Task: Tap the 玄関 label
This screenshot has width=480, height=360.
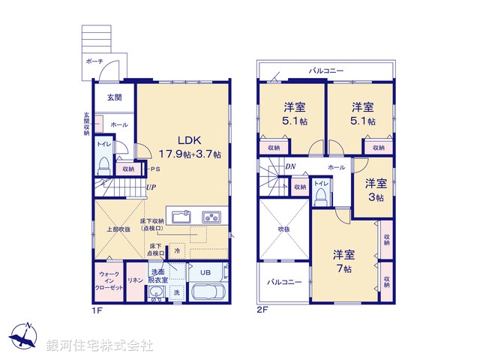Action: (x=114, y=97)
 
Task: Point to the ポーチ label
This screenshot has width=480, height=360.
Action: (x=94, y=61)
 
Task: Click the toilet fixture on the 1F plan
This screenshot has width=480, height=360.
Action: (x=104, y=164)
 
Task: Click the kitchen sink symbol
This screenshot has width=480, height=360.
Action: (x=182, y=217)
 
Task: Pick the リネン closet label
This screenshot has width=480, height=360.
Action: (x=136, y=280)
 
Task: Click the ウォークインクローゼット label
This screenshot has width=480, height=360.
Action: (x=108, y=281)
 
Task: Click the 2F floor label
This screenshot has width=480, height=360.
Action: (x=261, y=310)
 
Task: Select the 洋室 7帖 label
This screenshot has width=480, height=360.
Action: (x=344, y=261)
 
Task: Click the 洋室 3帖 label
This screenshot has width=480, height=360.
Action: (x=376, y=190)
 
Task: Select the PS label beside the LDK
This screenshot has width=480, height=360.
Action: (x=153, y=169)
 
